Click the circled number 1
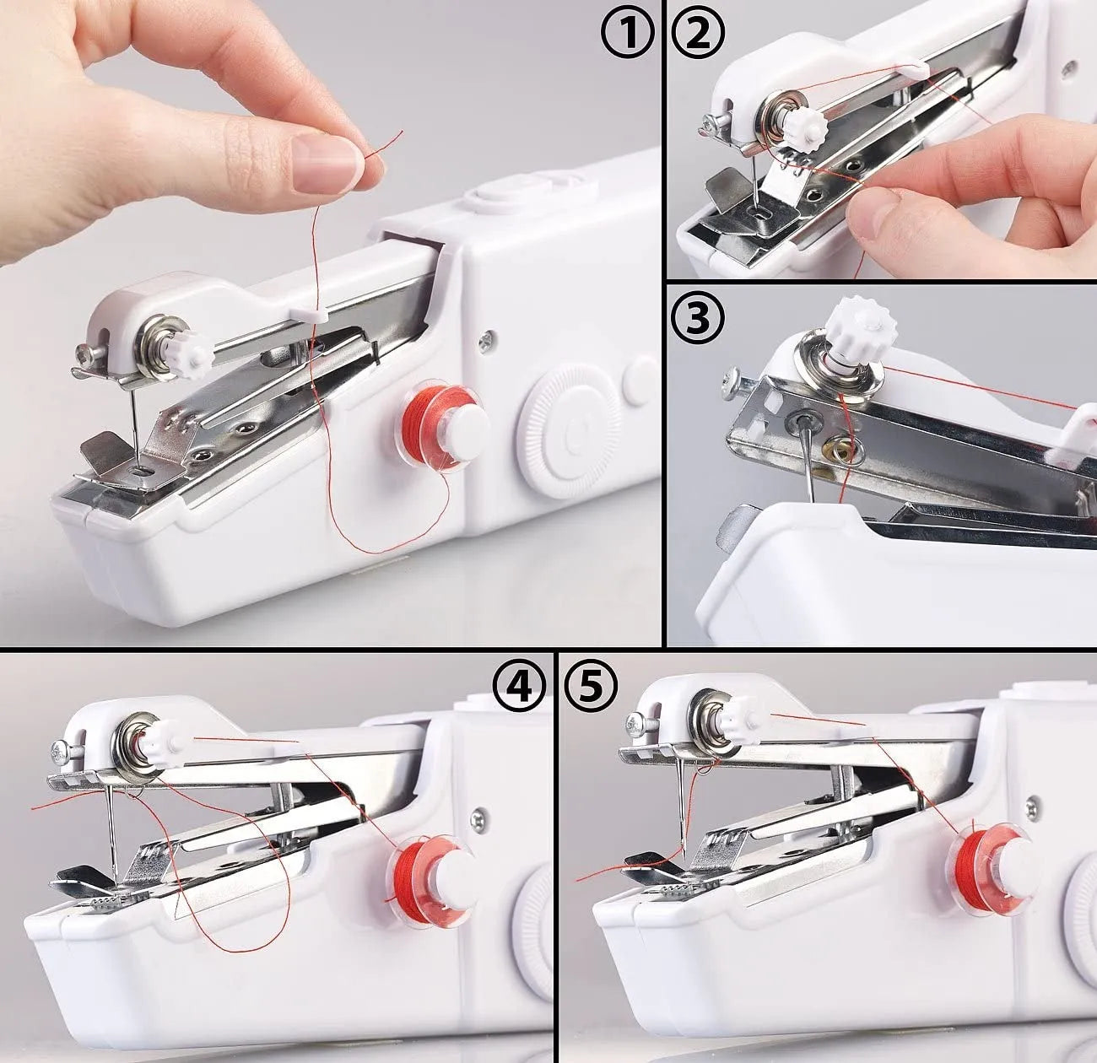(x=627, y=37)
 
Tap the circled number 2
(x=698, y=37)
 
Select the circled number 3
(x=698, y=318)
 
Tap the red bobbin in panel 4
(x=430, y=882)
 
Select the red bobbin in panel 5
(x=992, y=872)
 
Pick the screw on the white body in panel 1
(x=487, y=341)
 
